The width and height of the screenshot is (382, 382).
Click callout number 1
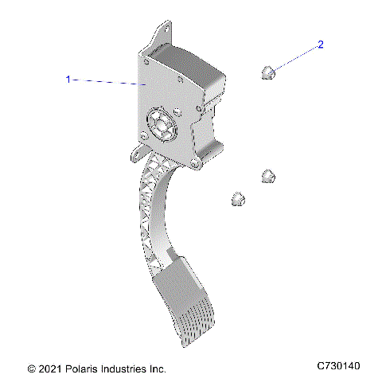68,79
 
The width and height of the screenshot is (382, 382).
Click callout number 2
321,45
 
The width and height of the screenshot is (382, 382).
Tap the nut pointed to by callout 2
268,74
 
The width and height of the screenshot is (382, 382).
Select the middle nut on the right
268,177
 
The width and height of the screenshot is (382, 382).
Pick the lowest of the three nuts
236,199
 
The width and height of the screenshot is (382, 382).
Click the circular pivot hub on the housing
160,124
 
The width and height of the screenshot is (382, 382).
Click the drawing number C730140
338,366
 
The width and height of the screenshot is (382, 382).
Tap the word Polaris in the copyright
78,369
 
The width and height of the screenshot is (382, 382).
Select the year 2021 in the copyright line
49,369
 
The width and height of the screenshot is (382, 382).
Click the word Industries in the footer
122,369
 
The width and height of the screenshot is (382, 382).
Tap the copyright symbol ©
31,369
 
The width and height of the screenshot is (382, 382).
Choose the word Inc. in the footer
157,369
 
